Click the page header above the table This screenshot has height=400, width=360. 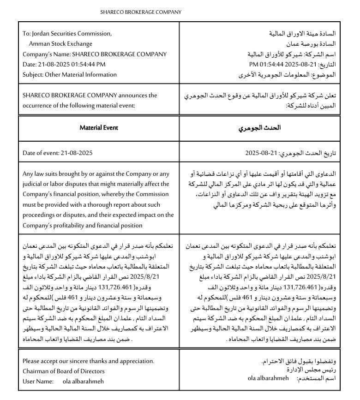click(141, 12)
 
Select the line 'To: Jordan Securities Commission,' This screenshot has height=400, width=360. click(67, 34)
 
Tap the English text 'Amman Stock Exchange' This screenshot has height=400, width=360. click(60, 44)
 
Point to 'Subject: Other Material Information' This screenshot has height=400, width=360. click(70, 74)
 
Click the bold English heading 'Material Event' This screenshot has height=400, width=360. click(99, 127)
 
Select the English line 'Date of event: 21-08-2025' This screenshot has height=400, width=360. click(58, 153)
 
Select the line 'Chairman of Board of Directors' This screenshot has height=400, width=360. click(64, 371)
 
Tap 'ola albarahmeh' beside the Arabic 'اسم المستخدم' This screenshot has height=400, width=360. click(268, 378)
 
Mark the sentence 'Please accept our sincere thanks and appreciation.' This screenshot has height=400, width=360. click(89, 361)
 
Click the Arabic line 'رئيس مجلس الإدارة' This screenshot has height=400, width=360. click(315, 370)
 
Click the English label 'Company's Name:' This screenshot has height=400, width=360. click(43, 54)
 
